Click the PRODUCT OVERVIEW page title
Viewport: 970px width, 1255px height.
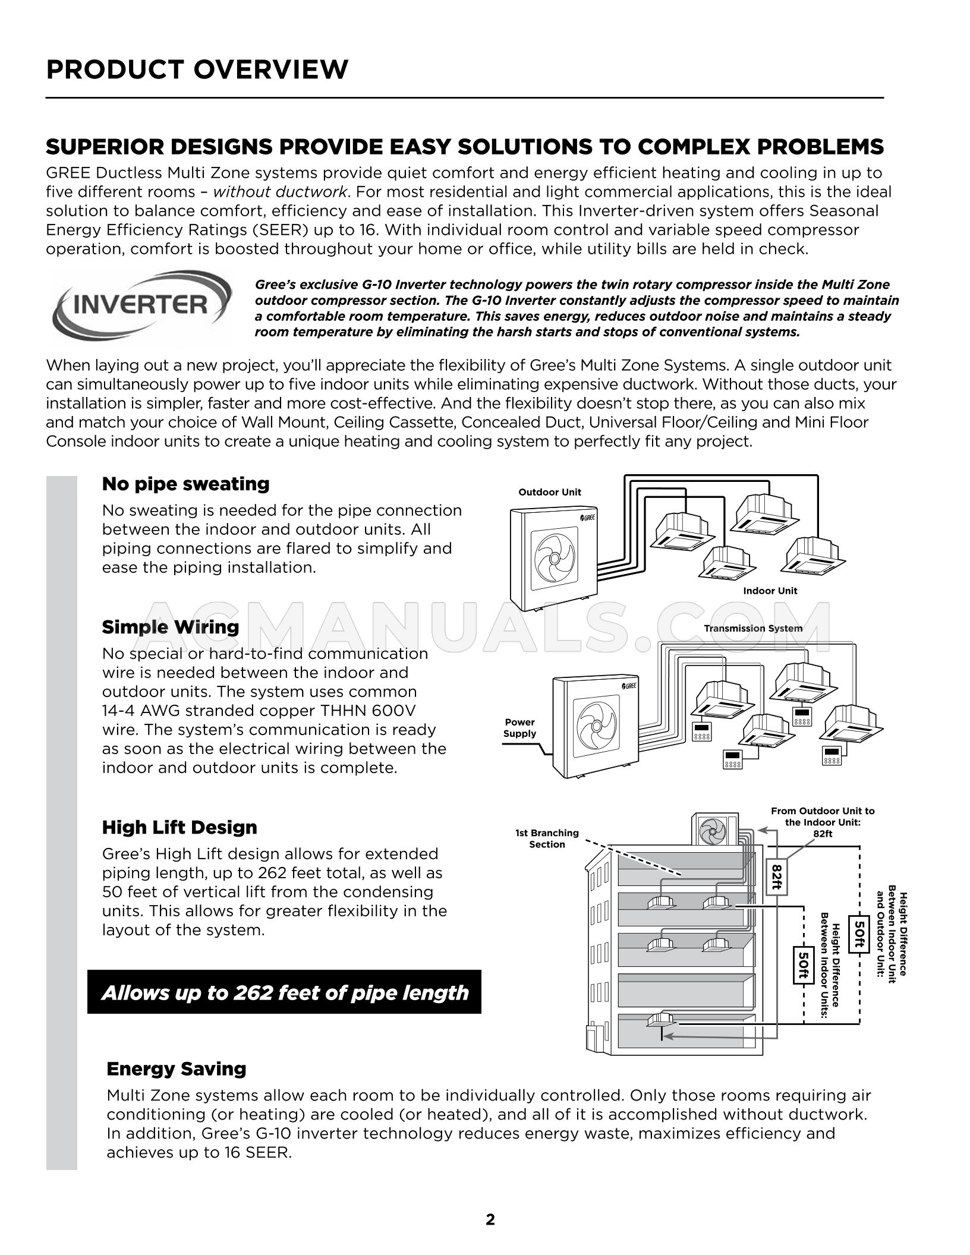[x=197, y=70]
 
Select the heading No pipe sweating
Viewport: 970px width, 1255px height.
[x=185, y=484]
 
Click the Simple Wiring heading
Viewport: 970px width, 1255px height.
[x=171, y=627]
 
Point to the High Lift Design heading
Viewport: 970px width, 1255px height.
[x=179, y=827]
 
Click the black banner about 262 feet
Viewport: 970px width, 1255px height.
[x=284, y=992]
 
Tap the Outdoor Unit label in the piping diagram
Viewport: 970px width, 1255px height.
[x=550, y=492]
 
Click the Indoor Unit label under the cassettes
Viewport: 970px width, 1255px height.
[x=770, y=591]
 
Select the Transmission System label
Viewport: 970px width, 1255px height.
[x=753, y=628]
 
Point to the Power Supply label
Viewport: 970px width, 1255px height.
[x=519, y=728]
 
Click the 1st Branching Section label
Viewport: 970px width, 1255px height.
[x=547, y=838]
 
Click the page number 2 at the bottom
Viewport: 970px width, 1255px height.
[x=490, y=1220]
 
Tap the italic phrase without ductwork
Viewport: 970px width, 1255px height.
[x=280, y=192]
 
